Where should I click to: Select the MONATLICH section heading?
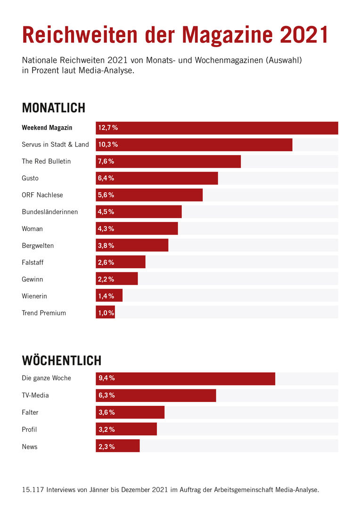(x=54, y=107)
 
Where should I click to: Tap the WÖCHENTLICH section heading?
(x=62, y=361)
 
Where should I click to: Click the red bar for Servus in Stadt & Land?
(x=194, y=145)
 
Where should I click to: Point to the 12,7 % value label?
(x=108, y=128)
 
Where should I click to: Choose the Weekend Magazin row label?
(x=47, y=128)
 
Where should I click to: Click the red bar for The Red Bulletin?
(x=168, y=162)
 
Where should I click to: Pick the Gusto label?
(x=30, y=178)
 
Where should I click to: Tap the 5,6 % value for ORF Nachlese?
(x=106, y=195)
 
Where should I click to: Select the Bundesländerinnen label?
(x=50, y=212)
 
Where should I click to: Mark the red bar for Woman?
(x=137, y=229)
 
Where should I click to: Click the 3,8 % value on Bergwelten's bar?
(x=106, y=246)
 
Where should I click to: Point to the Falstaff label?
(x=33, y=263)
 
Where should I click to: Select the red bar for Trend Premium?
(x=105, y=312)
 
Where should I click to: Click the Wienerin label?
(x=34, y=296)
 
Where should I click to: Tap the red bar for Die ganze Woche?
(x=185, y=378)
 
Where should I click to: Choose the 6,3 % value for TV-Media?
(x=106, y=395)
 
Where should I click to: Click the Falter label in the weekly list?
(x=30, y=412)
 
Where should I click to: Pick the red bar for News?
(x=118, y=446)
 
